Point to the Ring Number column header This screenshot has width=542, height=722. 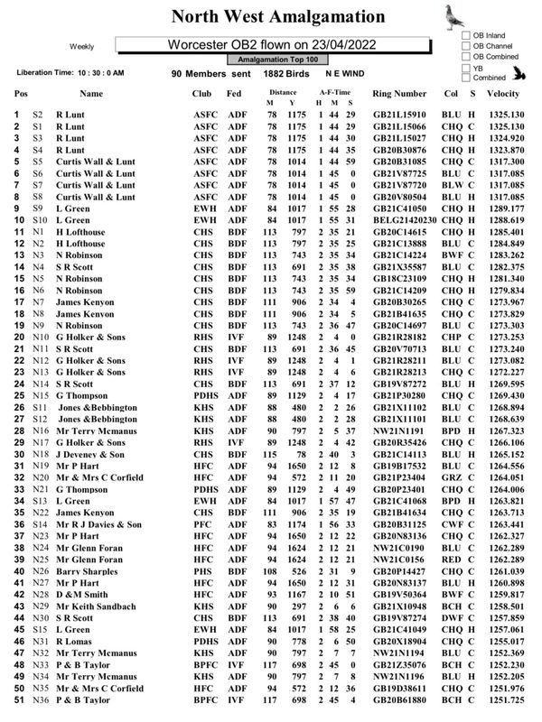pos(399,93)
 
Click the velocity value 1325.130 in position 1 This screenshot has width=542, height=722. pos(504,115)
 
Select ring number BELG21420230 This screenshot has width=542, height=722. pos(405,220)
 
